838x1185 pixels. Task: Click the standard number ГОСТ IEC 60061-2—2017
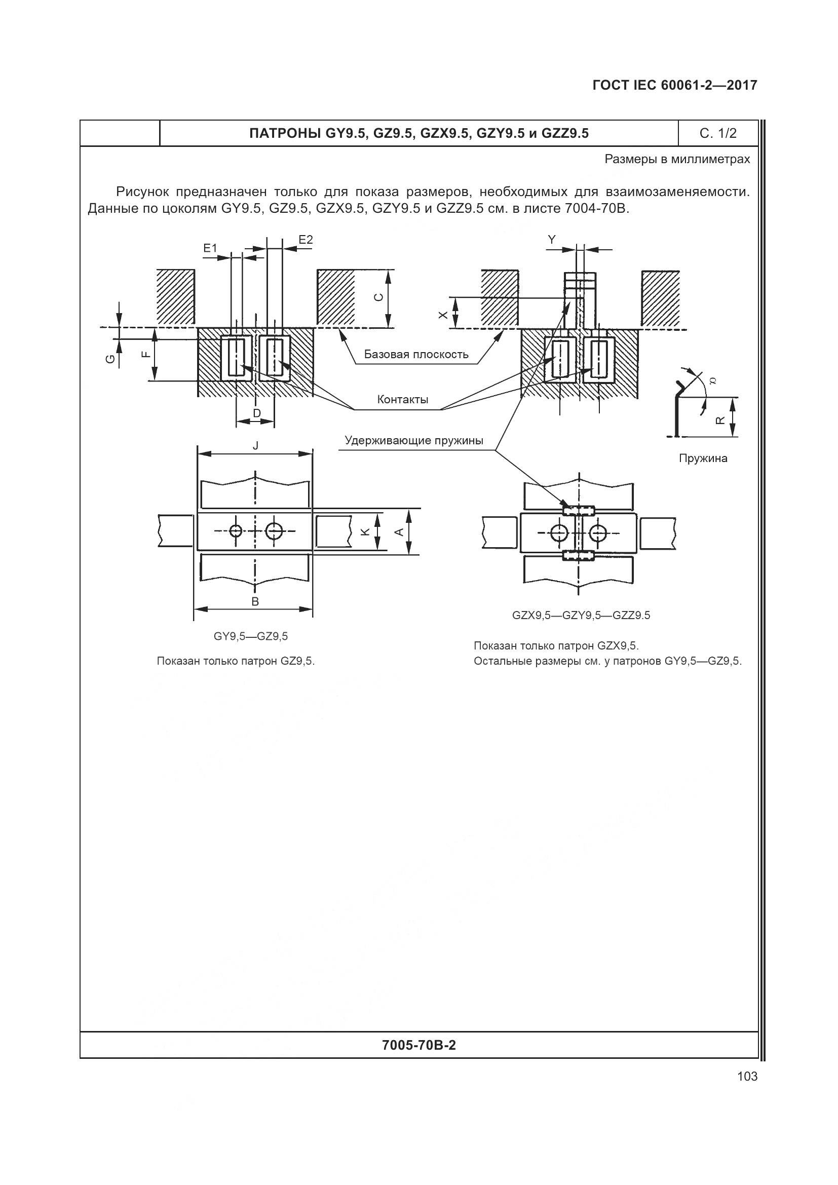[x=675, y=85]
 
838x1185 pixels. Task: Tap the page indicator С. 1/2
[x=718, y=134]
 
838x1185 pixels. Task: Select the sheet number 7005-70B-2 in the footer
[x=419, y=1045]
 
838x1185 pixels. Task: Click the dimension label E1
[x=210, y=248]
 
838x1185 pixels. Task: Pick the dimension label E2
[x=306, y=240]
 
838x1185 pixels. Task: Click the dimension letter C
[x=378, y=297]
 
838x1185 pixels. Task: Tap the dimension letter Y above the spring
[x=552, y=240]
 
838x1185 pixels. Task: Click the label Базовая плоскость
[x=416, y=354]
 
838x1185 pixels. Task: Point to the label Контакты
[x=402, y=399]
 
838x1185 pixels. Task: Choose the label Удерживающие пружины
[x=414, y=440]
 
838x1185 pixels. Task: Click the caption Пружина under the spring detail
[x=703, y=458]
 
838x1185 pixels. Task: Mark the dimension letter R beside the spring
[x=721, y=419]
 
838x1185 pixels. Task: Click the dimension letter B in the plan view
[x=255, y=601]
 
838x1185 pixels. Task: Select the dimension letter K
[x=365, y=531]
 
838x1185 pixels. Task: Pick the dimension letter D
[x=256, y=412]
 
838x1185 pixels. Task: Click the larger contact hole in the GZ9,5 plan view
[x=274, y=530]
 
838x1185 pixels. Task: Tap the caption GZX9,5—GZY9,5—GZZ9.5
[x=581, y=615]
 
